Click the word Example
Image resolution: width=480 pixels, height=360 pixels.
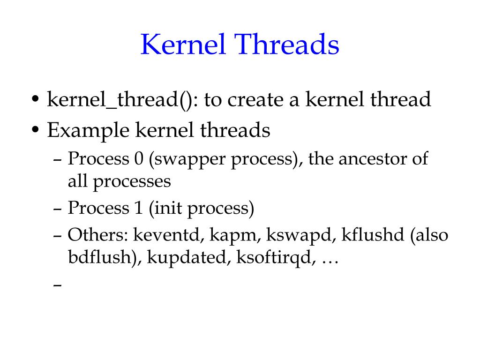pos(87,130)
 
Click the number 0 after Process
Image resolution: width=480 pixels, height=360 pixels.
pos(138,159)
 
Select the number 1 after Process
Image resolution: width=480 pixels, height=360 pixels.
pos(137,208)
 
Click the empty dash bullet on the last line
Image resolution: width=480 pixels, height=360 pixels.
pos(58,285)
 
